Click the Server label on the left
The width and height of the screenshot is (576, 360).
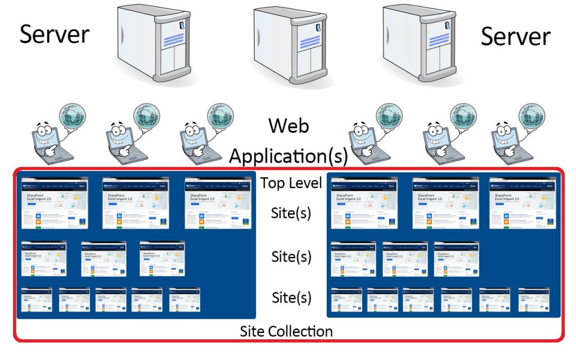(x=55, y=34)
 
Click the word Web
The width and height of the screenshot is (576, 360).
(x=289, y=125)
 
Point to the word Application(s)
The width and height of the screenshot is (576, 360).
(x=288, y=155)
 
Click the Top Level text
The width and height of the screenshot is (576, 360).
(x=291, y=183)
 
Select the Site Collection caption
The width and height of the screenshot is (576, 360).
(x=286, y=331)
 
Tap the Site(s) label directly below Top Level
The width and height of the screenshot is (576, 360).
(x=291, y=214)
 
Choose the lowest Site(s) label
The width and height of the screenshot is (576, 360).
(x=291, y=296)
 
